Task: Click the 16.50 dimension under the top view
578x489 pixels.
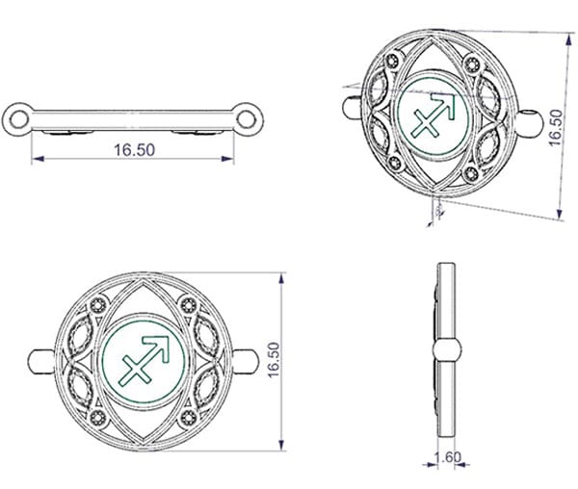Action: pos(134,150)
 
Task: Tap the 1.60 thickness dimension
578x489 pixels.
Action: pos(447,457)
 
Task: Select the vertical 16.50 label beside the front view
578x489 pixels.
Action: pos(274,360)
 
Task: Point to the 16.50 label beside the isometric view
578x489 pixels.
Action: pos(556,128)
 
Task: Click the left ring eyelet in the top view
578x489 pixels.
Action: pos(18,119)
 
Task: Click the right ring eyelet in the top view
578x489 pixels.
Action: pos(247,119)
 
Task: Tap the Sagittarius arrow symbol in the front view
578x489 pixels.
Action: pos(144,359)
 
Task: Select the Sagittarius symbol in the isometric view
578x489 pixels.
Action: pos(433,115)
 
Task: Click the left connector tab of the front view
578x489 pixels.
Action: pos(41,362)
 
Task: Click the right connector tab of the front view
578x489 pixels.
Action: pos(246,362)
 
